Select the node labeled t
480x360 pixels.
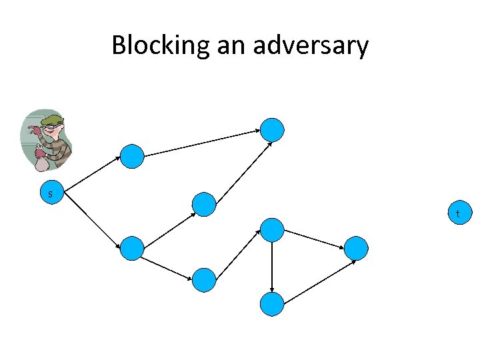[x=457, y=213]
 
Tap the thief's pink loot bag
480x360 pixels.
[x=41, y=161]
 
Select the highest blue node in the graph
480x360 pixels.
[x=272, y=129]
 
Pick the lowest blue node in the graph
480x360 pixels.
[x=272, y=304]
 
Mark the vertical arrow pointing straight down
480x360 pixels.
[x=272, y=266]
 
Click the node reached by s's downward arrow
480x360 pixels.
[x=133, y=248]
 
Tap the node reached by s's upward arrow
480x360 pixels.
[x=133, y=156]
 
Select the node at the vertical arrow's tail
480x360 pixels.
[x=272, y=229]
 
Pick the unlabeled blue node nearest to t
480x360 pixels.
[x=357, y=248]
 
